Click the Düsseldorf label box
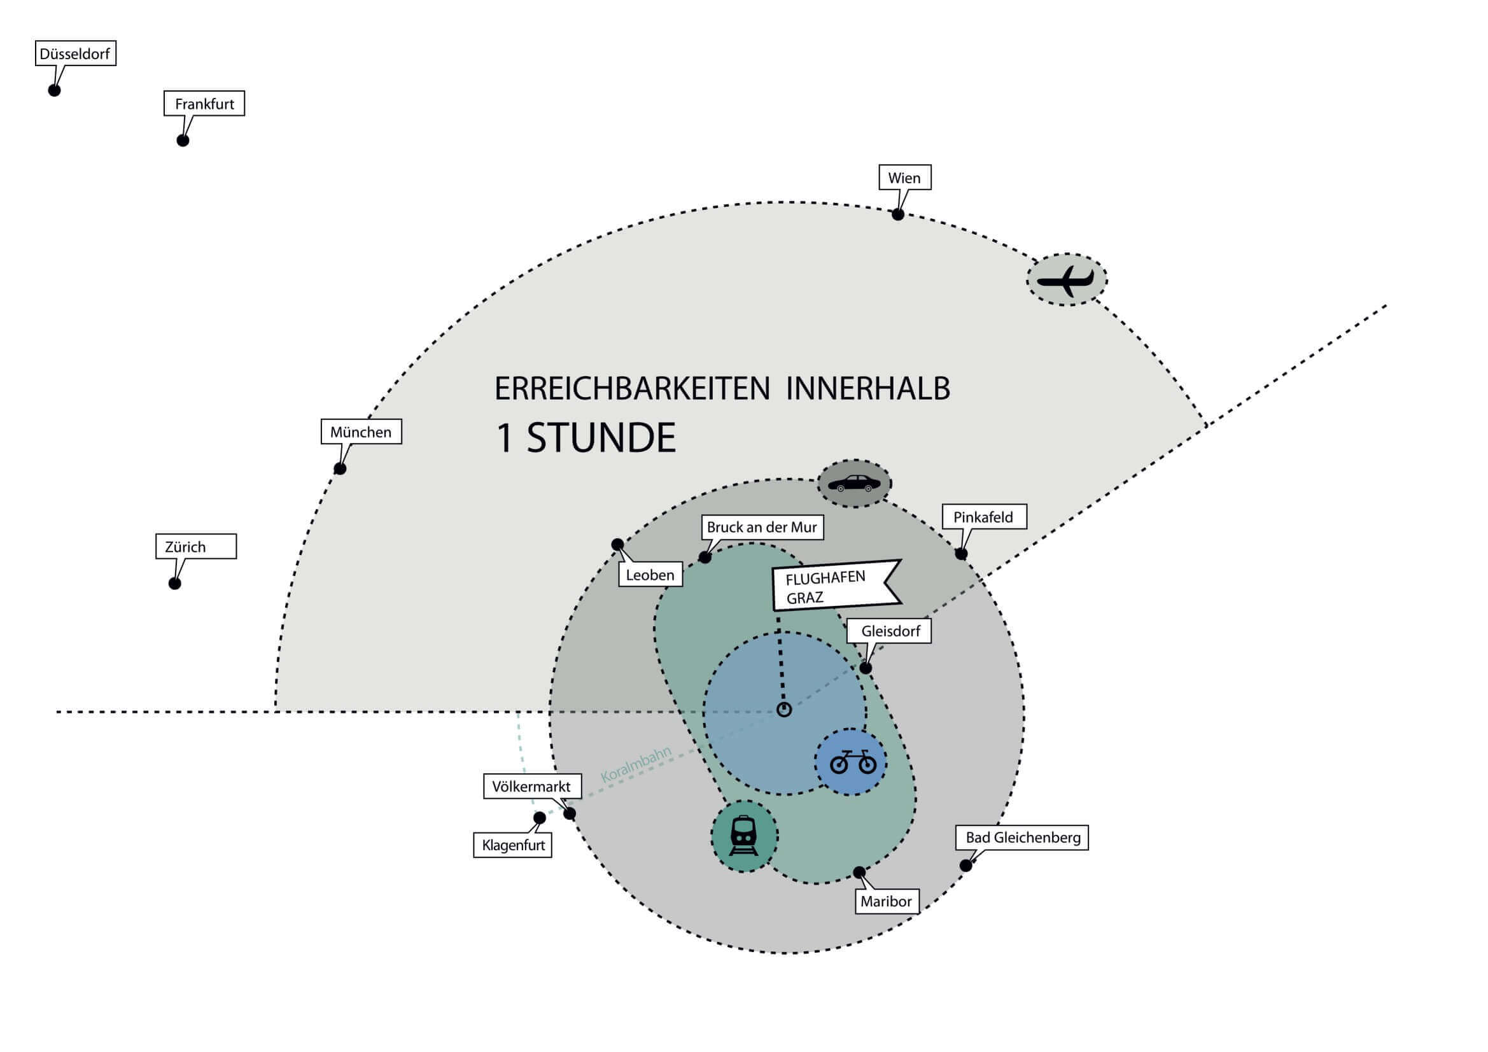(75, 54)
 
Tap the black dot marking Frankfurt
(183, 141)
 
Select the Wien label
(904, 178)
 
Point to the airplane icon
(1066, 280)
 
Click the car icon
(854, 484)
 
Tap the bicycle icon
(852, 762)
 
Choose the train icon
(744, 836)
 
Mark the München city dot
(340, 468)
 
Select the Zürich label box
(196, 547)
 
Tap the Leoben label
(650, 575)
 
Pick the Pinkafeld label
(983, 517)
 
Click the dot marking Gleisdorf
(865, 668)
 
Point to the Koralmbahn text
(636, 764)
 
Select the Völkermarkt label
(531, 786)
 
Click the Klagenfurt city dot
(539, 818)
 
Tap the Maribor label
(886, 901)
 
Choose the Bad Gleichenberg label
(1023, 838)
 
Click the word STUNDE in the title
(601, 437)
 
